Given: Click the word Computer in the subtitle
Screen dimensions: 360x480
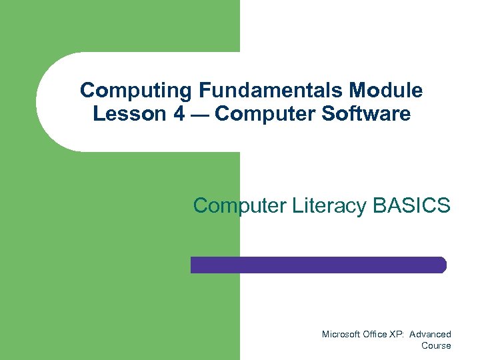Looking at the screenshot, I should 240,206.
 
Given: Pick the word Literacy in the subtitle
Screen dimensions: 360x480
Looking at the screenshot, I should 329,206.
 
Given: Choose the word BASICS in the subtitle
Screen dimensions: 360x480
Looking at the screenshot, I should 412,206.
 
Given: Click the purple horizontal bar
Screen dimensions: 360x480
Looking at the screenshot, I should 317,265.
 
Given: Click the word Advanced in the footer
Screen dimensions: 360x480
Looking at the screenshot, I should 431,334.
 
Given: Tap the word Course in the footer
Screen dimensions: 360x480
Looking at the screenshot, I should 436,345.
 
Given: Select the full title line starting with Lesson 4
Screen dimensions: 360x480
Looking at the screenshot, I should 251,114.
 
